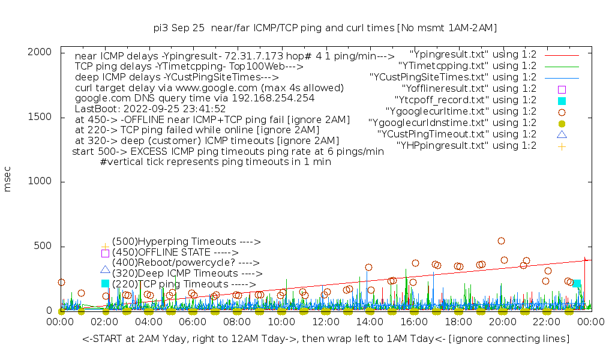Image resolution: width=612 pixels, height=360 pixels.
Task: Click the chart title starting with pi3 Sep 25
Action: click(325, 28)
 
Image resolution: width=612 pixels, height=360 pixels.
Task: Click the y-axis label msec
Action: click(8, 181)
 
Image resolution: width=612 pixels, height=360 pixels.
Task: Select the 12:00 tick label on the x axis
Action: click(326, 323)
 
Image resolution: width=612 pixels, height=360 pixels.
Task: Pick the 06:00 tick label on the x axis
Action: click(193, 323)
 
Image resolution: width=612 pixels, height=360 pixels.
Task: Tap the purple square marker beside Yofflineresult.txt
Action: click(562, 89)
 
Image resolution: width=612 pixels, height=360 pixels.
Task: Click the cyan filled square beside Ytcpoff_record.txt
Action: click(562, 100)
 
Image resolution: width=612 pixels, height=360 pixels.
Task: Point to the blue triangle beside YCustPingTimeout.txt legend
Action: click(562, 134)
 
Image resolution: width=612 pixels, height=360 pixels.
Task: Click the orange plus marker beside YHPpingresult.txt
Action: click(562, 145)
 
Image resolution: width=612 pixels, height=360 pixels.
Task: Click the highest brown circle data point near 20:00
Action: click(501, 241)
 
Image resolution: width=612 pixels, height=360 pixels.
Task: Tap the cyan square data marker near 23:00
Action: click(576, 283)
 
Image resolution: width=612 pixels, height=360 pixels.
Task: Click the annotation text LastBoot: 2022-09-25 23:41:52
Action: click(150, 109)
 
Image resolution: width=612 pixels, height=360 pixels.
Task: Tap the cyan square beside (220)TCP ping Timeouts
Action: click(105, 283)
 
